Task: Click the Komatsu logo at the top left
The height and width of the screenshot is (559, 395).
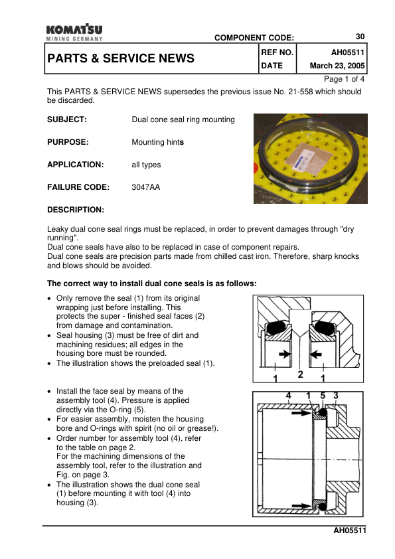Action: pos(74,33)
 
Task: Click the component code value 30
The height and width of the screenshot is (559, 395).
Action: pos(360,37)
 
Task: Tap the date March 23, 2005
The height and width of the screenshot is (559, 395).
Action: pos(338,66)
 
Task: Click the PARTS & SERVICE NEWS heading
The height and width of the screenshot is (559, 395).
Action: pos(121,58)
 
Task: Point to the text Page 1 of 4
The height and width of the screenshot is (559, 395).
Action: pos(344,79)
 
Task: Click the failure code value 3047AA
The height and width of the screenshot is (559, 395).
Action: pos(146,188)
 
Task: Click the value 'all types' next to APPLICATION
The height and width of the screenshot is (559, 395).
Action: pos(146,165)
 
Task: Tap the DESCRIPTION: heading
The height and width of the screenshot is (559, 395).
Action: pos(76,210)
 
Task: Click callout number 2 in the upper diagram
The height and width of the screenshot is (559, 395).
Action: pos(300,375)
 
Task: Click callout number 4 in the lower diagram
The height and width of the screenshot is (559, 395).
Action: pos(287,396)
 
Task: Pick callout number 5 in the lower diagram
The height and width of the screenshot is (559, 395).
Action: pos(323,396)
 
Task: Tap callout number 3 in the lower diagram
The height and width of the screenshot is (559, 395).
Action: pos(336,396)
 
